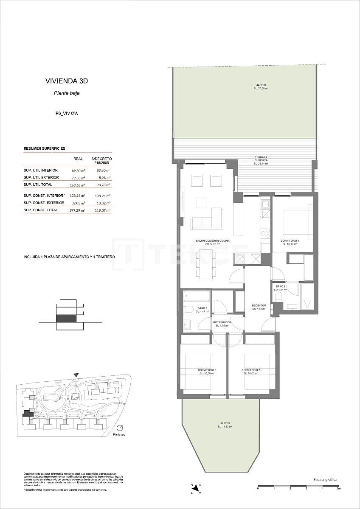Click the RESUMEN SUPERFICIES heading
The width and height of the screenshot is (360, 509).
click(44, 149)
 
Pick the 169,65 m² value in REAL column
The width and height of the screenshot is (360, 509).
click(78, 185)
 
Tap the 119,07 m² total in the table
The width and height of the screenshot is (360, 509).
click(102, 210)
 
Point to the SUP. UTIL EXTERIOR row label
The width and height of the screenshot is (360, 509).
click(41, 177)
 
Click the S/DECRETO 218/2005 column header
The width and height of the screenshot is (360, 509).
click(101, 161)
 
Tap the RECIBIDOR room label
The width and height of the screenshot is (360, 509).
click(259, 306)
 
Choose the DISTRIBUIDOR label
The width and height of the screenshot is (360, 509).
click(222, 323)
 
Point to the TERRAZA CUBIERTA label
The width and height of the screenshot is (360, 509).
click(261, 159)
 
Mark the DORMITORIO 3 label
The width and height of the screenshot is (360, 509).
click(207, 370)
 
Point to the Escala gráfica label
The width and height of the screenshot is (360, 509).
click(325, 479)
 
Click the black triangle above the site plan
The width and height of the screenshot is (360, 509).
click(76, 375)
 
